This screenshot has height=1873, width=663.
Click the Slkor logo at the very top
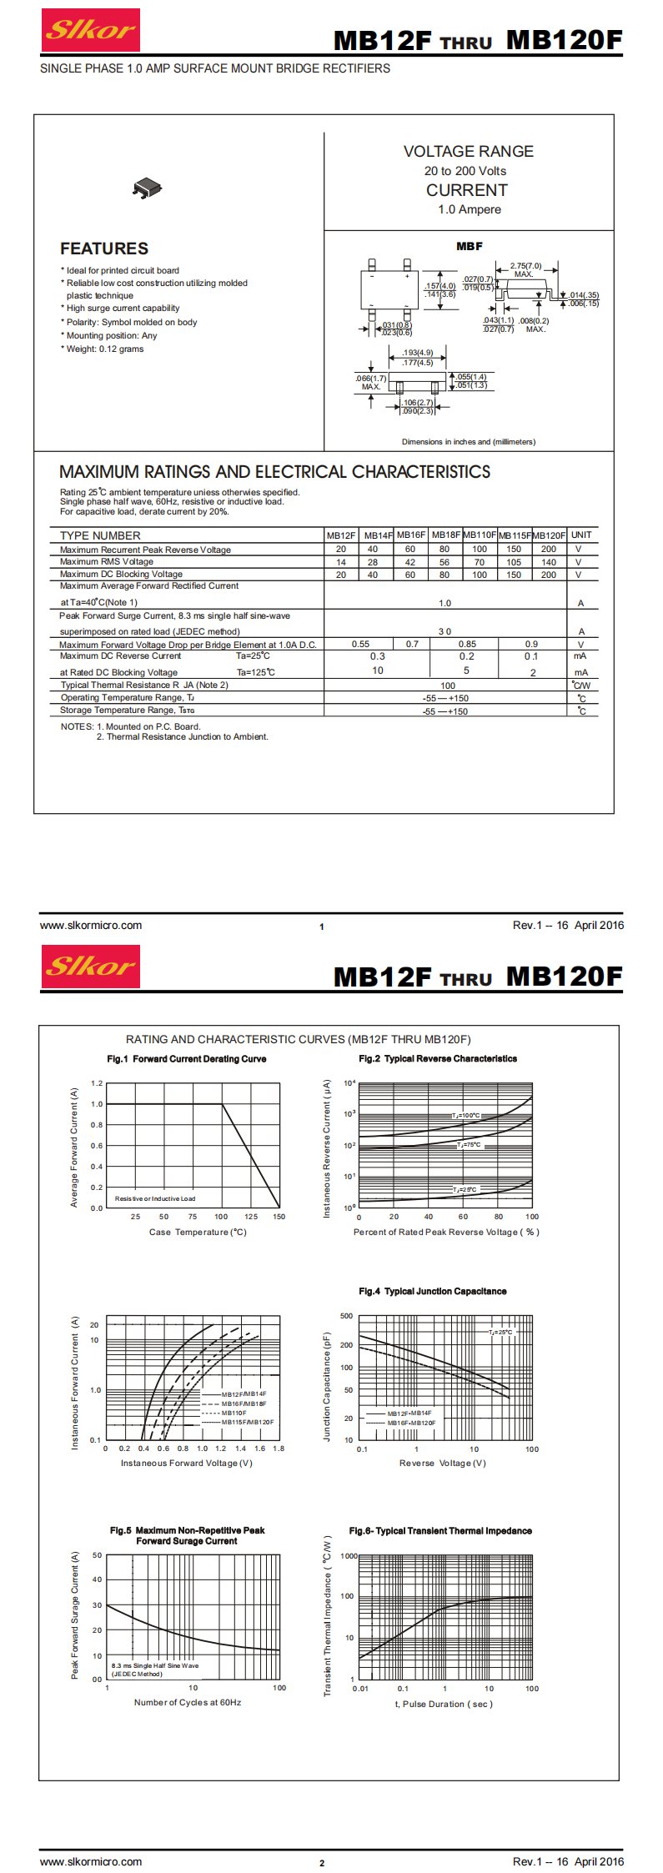(x=90, y=31)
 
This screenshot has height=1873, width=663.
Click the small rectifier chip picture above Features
(x=147, y=188)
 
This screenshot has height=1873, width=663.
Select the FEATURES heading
(x=104, y=249)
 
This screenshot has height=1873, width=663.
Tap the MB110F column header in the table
(x=480, y=535)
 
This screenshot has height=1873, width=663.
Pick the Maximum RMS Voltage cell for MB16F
(x=410, y=562)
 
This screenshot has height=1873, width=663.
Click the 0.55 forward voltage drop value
(x=360, y=645)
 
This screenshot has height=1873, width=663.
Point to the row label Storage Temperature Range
(x=127, y=711)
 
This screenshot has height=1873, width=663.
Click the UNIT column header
(x=581, y=535)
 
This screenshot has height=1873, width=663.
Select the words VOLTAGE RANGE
(x=468, y=152)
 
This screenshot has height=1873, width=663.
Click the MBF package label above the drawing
(x=469, y=247)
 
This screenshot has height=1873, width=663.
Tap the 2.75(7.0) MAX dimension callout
(x=525, y=269)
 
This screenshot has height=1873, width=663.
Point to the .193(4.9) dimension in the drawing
(x=417, y=354)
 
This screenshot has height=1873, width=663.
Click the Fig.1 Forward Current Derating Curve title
(x=187, y=1059)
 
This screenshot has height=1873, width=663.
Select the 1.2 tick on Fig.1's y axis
(x=97, y=1083)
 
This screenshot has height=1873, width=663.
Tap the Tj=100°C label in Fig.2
(x=466, y=1115)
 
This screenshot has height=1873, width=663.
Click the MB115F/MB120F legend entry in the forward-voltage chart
(x=247, y=1423)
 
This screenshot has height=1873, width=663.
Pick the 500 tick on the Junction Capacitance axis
(x=346, y=1316)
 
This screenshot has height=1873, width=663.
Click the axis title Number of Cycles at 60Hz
(x=188, y=1702)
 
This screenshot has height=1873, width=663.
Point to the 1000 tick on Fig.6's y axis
(x=349, y=1556)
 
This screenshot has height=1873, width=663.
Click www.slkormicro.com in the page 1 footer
(x=91, y=925)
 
